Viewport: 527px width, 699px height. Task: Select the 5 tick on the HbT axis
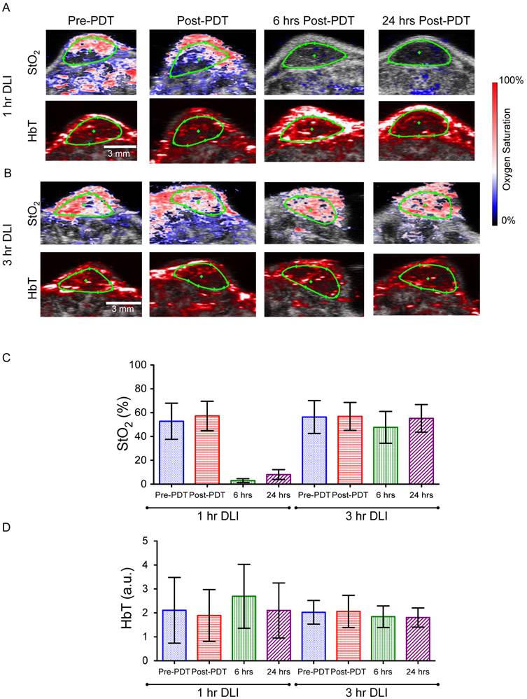143,541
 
